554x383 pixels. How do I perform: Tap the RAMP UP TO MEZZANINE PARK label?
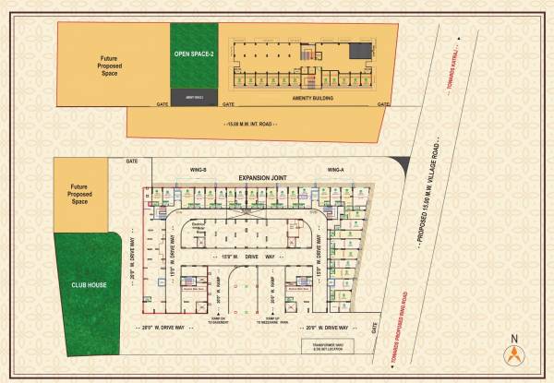[x=271, y=320]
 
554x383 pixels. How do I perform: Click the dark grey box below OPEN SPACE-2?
[x=194, y=96]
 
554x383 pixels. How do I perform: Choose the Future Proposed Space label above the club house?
[x=79, y=194]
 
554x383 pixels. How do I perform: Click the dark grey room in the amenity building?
[x=367, y=50]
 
